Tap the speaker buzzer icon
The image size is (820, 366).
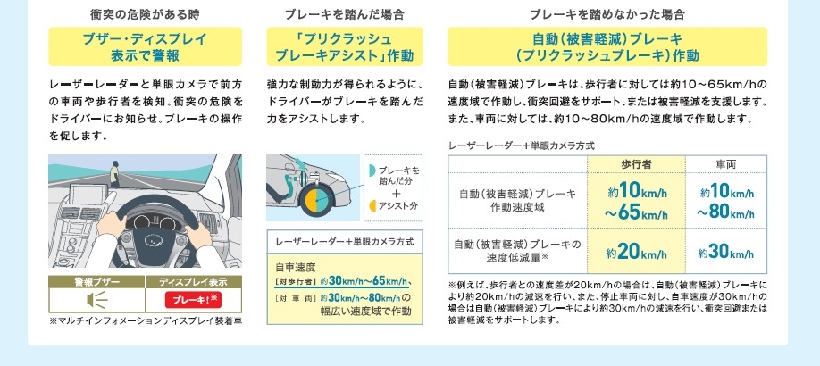(x=96, y=300)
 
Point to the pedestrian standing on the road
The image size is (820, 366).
(x=114, y=174)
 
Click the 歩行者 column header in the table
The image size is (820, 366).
(x=637, y=164)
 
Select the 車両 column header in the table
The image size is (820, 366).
(x=726, y=164)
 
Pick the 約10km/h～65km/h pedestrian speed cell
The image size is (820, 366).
(x=637, y=202)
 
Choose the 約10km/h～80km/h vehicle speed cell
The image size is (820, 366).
(x=726, y=202)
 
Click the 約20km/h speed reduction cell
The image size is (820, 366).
(x=637, y=253)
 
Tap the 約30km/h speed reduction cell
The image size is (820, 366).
(x=726, y=253)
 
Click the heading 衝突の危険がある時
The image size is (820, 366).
(x=145, y=14)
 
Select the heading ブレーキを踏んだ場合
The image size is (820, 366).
(x=345, y=14)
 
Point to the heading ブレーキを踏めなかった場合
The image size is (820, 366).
(x=607, y=14)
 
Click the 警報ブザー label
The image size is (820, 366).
(x=96, y=282)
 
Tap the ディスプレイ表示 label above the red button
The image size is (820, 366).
(x=194, y=282)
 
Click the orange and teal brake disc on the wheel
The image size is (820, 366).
(x=316, y=199)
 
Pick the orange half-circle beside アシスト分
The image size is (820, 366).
(x=372, y=205)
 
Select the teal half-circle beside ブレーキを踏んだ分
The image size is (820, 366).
(x=372, y=170)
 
